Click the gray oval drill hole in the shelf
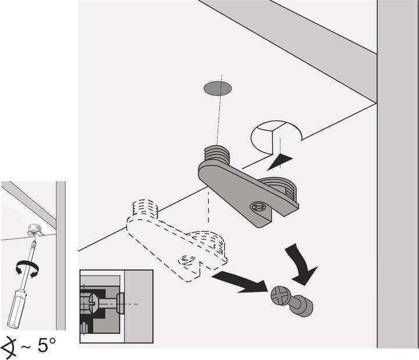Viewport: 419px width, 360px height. pos(217,88)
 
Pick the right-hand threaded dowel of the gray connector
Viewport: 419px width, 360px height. pos(280,186)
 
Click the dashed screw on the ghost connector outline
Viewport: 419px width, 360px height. pos(187,260)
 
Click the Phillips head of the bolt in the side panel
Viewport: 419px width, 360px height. pos(278,296)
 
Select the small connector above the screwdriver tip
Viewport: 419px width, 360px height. pos(33,228)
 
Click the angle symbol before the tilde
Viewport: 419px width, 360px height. pos(10,345)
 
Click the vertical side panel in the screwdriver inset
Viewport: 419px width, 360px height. pos(61,256)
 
